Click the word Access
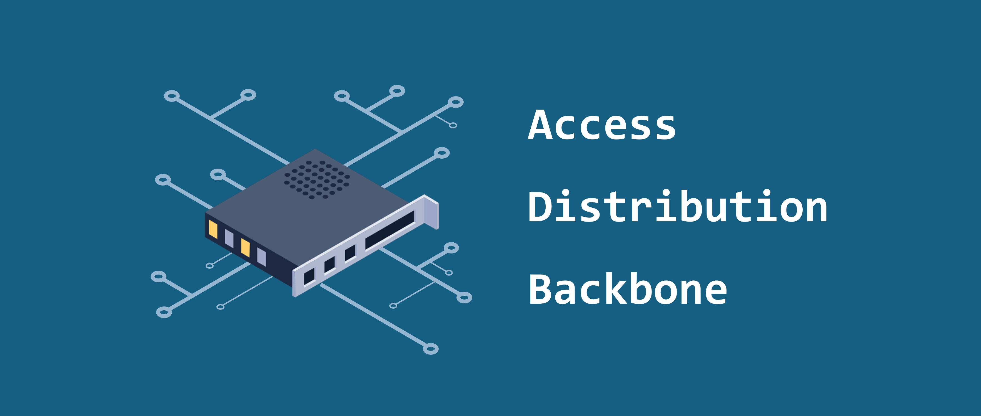pyautogui.click(x=602, y=125)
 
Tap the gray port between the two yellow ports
pyautogui.click(x=229, y=239)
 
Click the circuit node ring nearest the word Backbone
pyautogui.click(x=464, y=297)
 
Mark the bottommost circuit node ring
pyautogui.click(x=431, y=349)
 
